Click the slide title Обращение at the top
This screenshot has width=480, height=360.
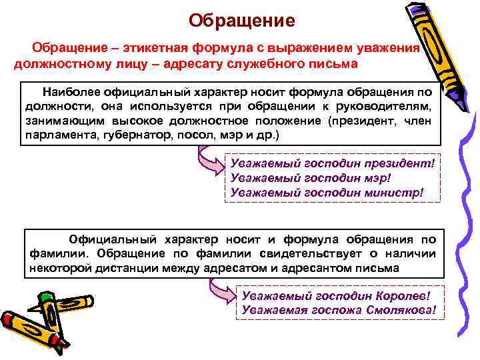point(241,21)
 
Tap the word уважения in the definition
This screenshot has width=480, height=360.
point(386,48)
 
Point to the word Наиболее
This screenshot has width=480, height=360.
point(74,91)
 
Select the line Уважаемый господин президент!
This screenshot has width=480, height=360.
point(331,162)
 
